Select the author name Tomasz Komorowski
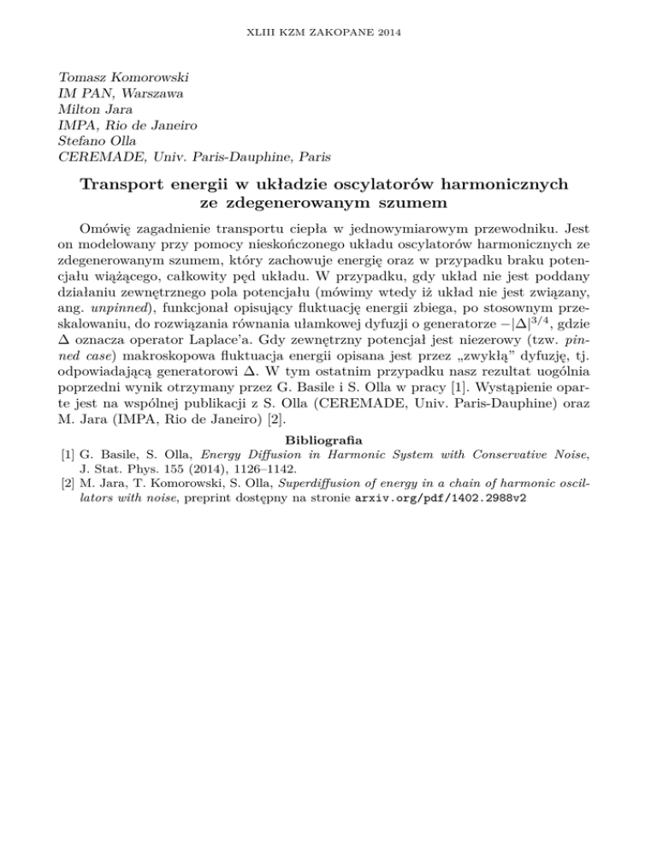127,75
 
